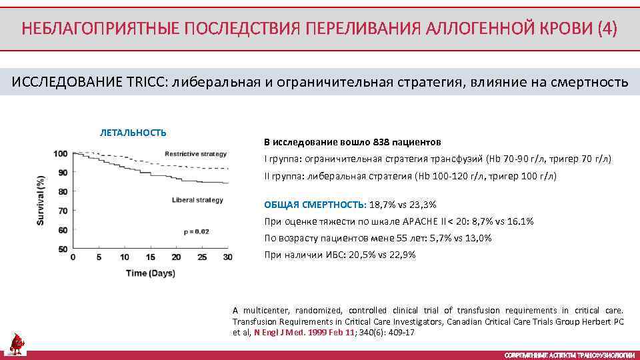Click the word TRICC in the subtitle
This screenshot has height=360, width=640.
[147, 82]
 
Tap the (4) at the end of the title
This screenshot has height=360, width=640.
[607, 29]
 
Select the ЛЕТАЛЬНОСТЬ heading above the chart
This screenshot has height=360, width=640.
[133, 133]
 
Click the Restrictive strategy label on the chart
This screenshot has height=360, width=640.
[195, 154]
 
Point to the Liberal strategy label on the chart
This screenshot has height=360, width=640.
[197, 200]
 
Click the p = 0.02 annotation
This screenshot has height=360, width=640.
[196, 231]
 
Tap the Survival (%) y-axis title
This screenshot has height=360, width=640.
[41, 200]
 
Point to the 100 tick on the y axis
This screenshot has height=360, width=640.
[60, 154]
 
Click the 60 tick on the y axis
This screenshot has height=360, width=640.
[62, 231]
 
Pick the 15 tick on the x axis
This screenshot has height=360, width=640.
[151, 257]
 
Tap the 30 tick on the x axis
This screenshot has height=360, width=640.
[228, 257]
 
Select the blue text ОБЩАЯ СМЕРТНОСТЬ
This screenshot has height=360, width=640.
[315, 205]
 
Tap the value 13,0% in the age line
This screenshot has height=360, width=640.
[477, 238]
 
